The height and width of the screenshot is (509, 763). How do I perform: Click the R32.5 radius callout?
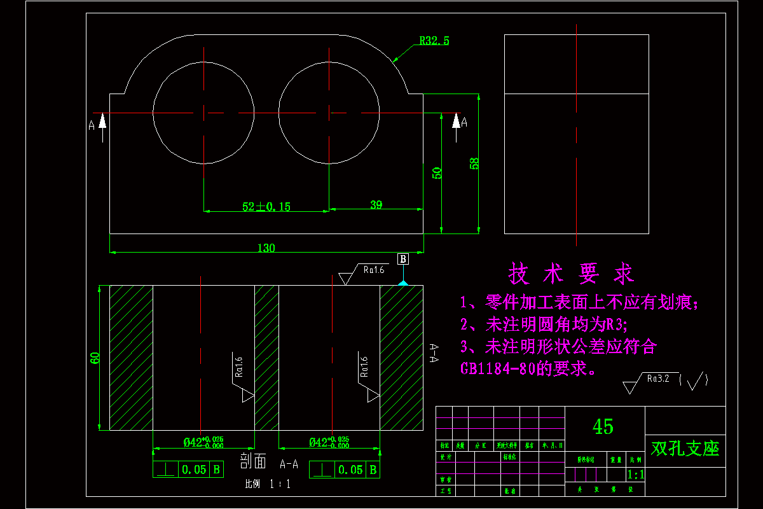coord(434,41)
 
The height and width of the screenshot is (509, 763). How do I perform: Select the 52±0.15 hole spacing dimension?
coord(266,206)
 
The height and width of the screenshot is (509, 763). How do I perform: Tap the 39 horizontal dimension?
coord(376,204)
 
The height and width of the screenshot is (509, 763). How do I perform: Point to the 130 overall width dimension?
coord(266,248)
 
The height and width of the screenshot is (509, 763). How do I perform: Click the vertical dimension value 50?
coord(437,173)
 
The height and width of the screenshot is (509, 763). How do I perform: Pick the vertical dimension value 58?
coord(474,163)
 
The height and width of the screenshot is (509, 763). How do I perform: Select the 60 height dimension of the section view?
coord(95,358)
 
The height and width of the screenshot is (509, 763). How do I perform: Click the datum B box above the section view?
coord(403,259)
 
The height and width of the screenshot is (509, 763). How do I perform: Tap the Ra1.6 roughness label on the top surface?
coord(373,270)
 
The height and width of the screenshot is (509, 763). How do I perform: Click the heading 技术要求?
coord(571,274)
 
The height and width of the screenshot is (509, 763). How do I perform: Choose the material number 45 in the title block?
coord(603,426)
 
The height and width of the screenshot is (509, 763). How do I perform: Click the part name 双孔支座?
coord(685,448)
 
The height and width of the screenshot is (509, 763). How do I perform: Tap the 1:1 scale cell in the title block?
coord(636,475)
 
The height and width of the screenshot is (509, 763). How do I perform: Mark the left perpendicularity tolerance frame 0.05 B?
coord(188,470)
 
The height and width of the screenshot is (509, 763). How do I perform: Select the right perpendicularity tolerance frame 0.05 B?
coord(344,470)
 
